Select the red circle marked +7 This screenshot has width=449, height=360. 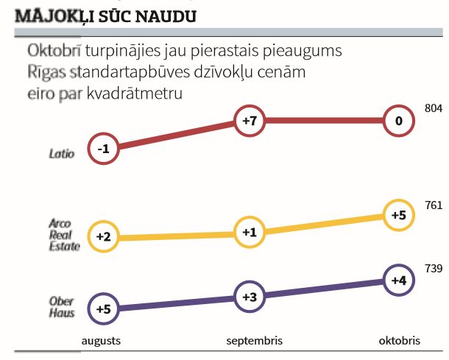(x=249, y=121)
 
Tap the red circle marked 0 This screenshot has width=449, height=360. (x=398, y=121)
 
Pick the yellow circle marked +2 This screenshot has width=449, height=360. (x=102, y=237)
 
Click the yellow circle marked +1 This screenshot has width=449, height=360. (x=249, y=233)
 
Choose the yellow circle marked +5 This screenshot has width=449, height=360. (x=398, y=215)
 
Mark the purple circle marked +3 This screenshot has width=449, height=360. (x=249, y=297)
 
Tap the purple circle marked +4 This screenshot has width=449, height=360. (x=398, y=280)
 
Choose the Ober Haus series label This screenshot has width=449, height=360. (x=62, y=307)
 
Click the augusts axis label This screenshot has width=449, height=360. (x=101, y=341)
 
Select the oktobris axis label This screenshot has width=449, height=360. (x=400, y=341)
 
